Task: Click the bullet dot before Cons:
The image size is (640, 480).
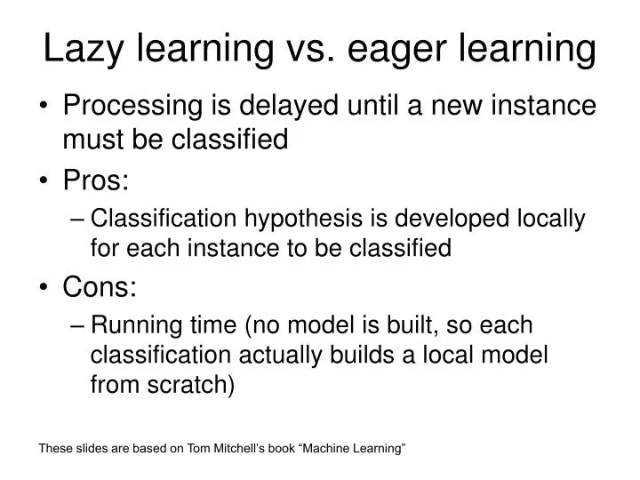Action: pos(46,287)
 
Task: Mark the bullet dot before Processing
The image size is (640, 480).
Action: pos(46,107)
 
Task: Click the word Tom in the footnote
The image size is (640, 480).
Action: pos(198,449)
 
